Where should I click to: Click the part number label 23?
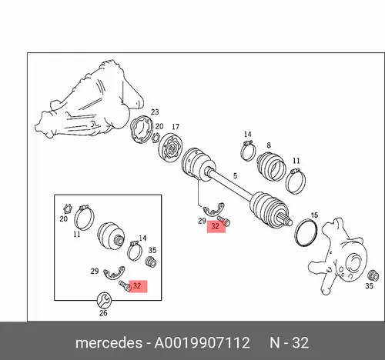tap(155, 112)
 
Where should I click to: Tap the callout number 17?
tap(176, 127)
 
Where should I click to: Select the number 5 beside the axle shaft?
tap(235, 176)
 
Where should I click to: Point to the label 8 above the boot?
tap(269, 145)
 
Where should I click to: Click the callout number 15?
tap(314, 215)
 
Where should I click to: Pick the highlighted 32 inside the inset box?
tap(137, 285)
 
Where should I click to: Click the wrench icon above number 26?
tap(104, 300)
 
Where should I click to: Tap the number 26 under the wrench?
tap(103, 313)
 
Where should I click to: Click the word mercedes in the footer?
tap(109, 343)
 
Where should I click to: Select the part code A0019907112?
tap(202, 343)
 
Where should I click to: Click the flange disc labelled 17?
tap(170, 148)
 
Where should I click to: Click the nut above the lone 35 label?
tap(373, 275)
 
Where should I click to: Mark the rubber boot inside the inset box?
tap(112, 236)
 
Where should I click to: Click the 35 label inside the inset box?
tap(152, 250)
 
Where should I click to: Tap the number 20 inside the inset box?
tap(63, 219)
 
